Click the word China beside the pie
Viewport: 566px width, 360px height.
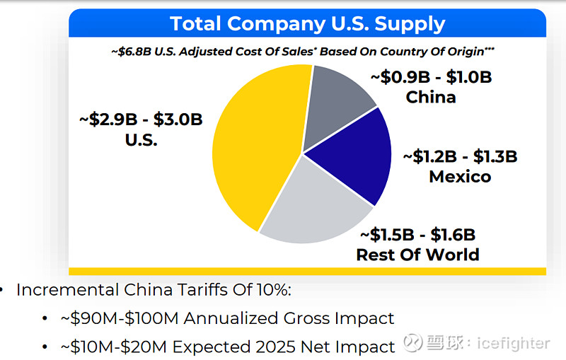(431, 97)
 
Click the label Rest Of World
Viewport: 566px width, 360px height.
(417, 254)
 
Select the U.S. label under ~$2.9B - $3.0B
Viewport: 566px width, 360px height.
(141, 139)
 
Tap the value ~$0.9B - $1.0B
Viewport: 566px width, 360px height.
(431, 77)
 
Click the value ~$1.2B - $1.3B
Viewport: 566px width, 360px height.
(460, 156)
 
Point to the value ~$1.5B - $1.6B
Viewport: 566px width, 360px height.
(417, 234)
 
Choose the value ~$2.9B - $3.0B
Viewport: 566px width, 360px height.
(141, 119)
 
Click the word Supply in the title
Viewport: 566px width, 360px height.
(408, 24)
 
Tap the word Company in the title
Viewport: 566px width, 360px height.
(282, 24)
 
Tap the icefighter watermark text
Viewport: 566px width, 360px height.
(513, 343)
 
